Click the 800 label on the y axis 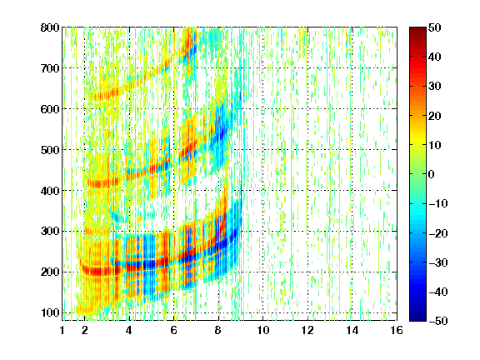tap(50, 27)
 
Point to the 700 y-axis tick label tap(50, 68)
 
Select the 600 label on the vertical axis tap(50, 109)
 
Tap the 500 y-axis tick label tap(50, 150)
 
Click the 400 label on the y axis tap(50, 191)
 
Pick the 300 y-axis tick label tap(50, 231)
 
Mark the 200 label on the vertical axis tap(50, 272)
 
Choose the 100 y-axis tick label tap(50, 312)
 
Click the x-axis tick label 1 tap(62, 330)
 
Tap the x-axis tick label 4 tap(129, 330)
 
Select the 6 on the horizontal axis tap(173, 330)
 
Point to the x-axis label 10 tap(263, 330)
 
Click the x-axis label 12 tap(307, 330)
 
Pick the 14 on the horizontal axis tap(352, 330)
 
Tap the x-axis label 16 tap(397, 330)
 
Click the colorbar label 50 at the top tap(435, 27)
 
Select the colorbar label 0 tap(432, 174)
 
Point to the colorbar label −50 tap(438, 321)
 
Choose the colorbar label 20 tap(435, 116)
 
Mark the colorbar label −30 tap(438, 262)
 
